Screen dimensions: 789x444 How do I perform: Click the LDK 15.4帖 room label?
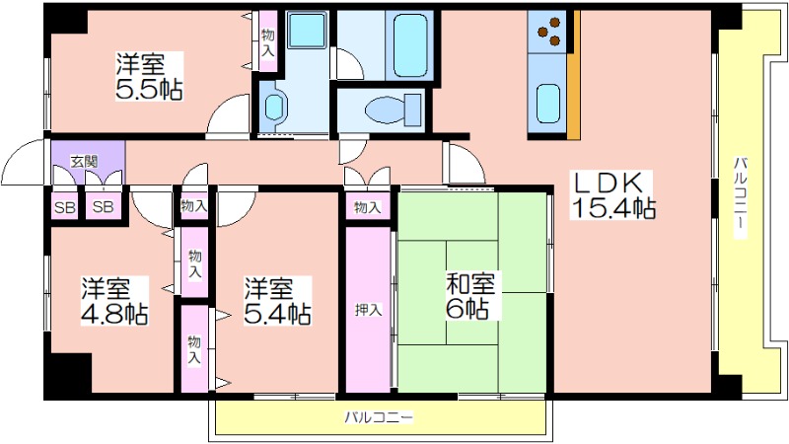(x=612, y=194)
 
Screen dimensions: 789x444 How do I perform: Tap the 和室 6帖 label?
(x=470, y=296)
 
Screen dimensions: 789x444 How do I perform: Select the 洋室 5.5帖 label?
(x=149, y=76)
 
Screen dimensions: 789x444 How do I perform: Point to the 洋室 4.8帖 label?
(x=114, y=301)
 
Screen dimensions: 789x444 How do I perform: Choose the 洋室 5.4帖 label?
(x=277, y=301)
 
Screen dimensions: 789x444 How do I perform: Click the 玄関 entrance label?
(x=84, y=162)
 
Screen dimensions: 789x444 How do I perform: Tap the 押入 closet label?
(x=368, y=310)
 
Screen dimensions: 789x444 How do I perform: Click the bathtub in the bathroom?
(x=410, y=45)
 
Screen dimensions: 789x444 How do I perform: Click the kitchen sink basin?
(x=548, y=105)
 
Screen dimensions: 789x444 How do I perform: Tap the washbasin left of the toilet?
(x=274, y=107)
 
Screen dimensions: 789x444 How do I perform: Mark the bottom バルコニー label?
(x=380, y=417)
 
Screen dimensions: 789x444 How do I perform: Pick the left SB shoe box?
(x=64, y=206)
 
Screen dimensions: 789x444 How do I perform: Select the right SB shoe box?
(x=104, y=206)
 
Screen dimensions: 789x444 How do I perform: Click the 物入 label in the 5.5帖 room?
(x=268, y=42)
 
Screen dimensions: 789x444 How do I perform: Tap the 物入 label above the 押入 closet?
(x=368, y=207)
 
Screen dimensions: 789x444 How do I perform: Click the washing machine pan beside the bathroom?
(x=307, y=31)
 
